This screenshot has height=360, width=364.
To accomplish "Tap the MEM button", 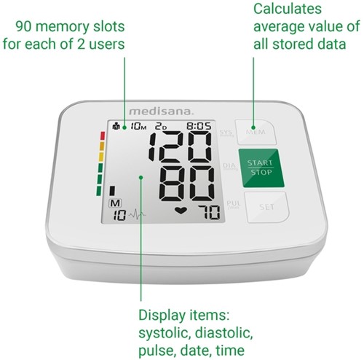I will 256,133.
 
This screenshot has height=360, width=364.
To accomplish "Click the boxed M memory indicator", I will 114,203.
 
